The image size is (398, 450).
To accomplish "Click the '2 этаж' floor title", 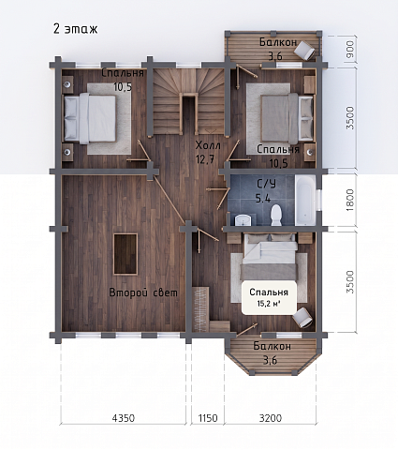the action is point(76,29).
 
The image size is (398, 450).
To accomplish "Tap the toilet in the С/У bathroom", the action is point(276,215).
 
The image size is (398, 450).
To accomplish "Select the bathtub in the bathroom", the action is point(305,201).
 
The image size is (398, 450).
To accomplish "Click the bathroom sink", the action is point(243,219).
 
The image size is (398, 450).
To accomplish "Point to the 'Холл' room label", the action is point(208,145).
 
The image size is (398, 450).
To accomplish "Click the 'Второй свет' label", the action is point(143,292).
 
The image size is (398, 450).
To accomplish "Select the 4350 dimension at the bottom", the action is point(124,418).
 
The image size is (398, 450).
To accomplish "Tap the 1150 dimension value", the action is point(208,418).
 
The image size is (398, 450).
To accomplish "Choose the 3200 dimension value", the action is point(271,418).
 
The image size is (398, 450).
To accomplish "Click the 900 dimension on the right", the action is point(350,49).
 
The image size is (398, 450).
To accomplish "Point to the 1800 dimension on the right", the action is point(350,200).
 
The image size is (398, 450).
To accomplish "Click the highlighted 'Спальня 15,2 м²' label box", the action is point(269,297).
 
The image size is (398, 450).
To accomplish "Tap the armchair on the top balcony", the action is point(305,50).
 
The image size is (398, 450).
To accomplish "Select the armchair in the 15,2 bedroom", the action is point(302,317).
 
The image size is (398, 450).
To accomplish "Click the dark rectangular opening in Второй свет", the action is point(125,254).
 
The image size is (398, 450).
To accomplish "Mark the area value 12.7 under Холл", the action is point(205,159).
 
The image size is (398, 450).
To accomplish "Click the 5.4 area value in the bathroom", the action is point(263,198).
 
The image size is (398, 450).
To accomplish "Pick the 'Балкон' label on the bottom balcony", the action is point(273,346).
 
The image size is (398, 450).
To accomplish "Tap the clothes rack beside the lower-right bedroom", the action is point(201,308).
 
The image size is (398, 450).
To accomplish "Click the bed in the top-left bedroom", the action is point(90,119).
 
